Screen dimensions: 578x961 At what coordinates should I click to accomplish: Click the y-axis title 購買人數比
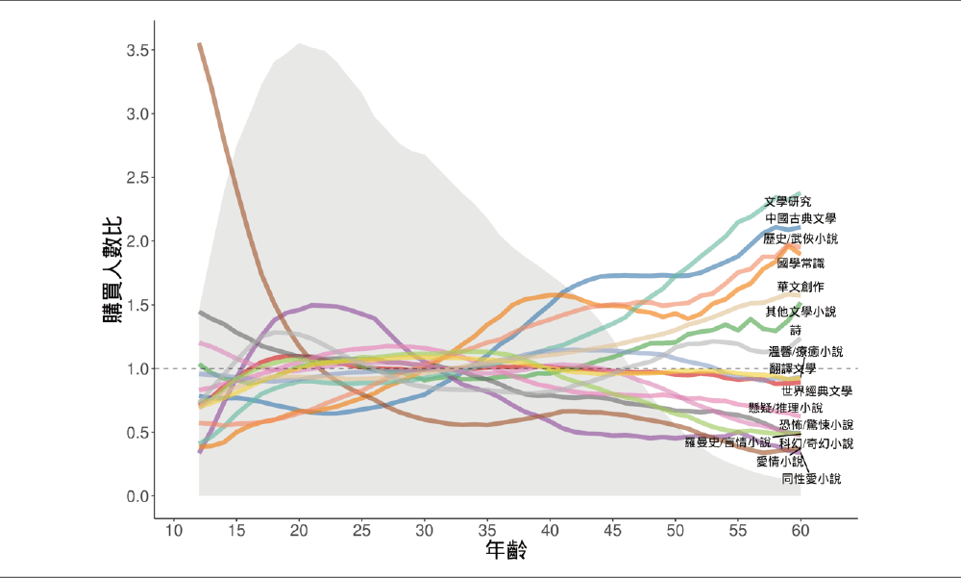(x=112, y=272)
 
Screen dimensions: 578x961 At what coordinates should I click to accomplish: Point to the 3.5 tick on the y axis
(x=136, y=50)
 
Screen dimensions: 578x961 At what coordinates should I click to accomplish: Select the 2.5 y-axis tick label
(x=136, y=178)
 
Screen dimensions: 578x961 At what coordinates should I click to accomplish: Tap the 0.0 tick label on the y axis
(x=136, y=496)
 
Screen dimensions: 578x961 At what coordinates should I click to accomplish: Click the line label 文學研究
(x=787, y=202)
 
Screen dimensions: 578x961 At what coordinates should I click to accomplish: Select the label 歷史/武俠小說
(x=800, y=239)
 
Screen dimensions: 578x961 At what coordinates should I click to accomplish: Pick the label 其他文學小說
(x=801, y=312)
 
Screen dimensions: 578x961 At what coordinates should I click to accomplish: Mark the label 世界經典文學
(x=817, y=391)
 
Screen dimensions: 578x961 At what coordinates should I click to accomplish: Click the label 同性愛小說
(x=810, y=478)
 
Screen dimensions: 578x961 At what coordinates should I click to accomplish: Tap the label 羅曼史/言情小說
(x=727, y=443)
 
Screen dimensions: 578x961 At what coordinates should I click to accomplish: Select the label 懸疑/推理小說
(x=785, y=408)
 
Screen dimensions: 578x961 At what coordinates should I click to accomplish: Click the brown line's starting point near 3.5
(x=199, y=44)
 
